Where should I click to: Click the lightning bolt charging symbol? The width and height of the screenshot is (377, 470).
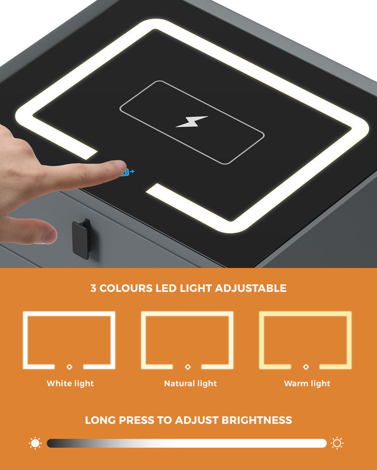point(192,122)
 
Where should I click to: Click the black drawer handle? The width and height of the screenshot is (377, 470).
point(81,239)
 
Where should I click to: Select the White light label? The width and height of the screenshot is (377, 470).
point(70,384)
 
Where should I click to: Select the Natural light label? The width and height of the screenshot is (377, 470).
point(190,384)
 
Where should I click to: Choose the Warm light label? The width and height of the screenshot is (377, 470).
point(307,384)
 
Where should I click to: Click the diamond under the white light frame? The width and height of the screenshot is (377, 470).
point(69,366)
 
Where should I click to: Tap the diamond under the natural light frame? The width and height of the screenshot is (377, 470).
point(188,366)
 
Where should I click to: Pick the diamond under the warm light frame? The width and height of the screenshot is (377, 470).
point(306,366)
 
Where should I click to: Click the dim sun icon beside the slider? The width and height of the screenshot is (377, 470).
point(35,443)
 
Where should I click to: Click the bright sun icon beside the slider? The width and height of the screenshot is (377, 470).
point(337,443)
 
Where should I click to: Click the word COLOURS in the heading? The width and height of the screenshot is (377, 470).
point(126,288)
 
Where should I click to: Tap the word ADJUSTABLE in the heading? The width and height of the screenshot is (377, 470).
point(251,288)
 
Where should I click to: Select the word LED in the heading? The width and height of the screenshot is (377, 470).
point(167,288)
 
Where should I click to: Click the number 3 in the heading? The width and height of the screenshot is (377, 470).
point(94,288)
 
